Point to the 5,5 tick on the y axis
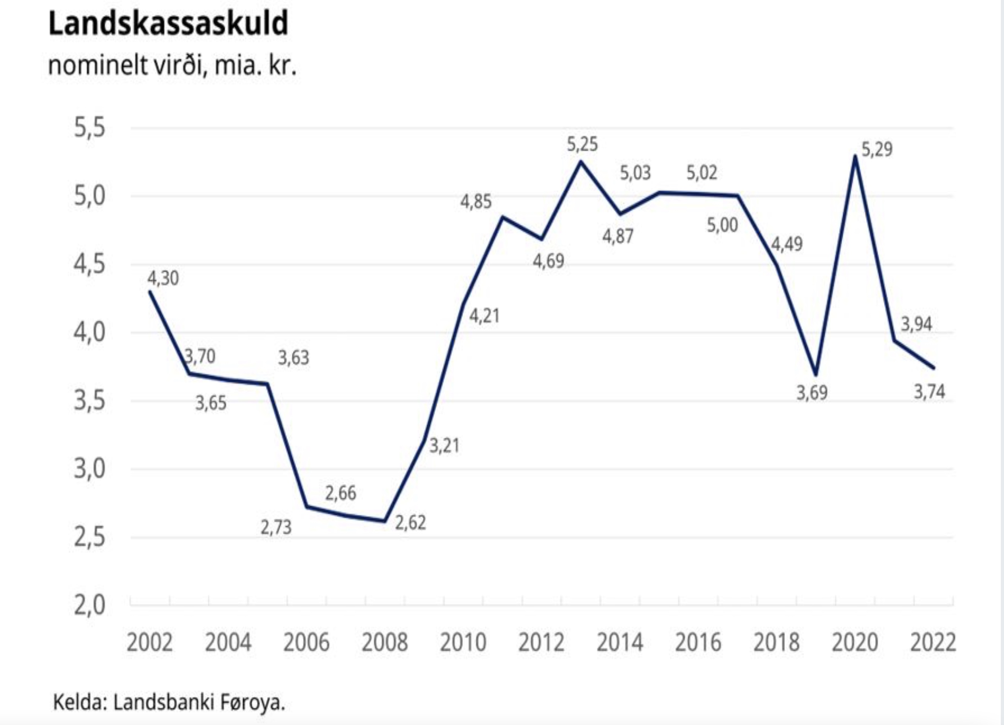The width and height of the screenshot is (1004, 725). [x=90, y=128]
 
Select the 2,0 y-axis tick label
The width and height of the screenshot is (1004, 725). [x=90, y=605]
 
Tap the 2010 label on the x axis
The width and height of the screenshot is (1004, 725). [x=463, y=643]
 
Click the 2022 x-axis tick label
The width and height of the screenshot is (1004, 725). [x=933, y=643]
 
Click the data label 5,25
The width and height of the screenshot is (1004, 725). [x=583, y=145]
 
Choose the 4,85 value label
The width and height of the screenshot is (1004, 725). [x=476, y=202]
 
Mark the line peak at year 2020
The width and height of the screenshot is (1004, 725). [x=855, y=156]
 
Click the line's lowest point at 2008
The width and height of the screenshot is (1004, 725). [x=385, y=521]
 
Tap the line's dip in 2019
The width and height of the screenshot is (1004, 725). [x=816, y=375]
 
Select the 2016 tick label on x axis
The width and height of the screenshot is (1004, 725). [x=698, y=643]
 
